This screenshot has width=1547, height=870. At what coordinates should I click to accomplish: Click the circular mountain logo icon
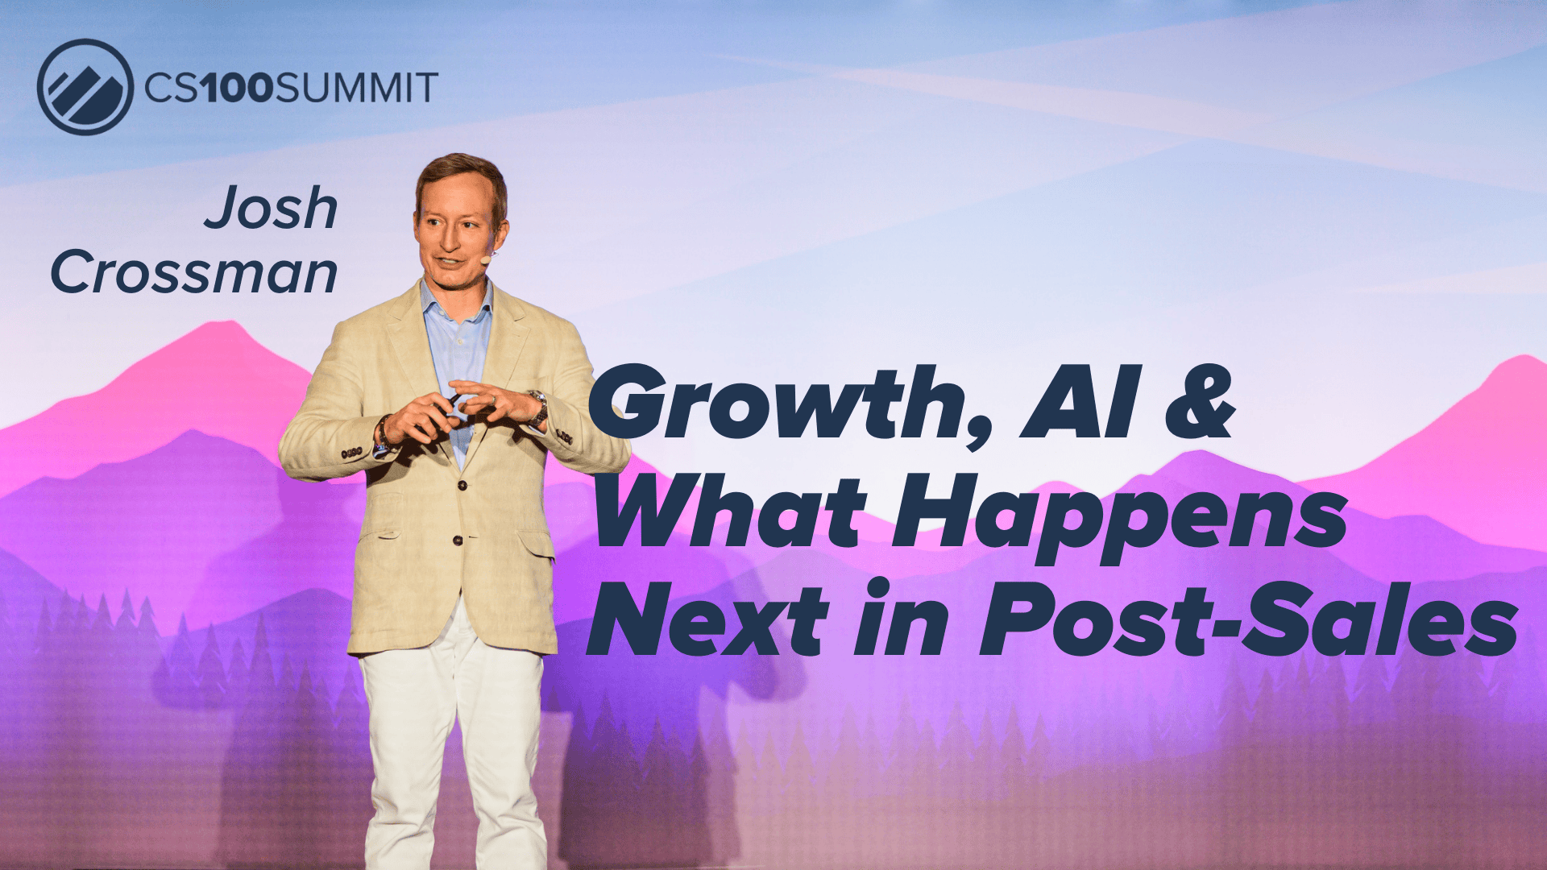85,87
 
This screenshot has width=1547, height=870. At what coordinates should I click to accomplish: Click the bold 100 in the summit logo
238,87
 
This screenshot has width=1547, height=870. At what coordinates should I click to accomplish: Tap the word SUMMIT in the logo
357,87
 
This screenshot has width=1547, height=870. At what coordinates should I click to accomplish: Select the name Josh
271,208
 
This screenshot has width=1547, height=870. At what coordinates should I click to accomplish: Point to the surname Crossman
194,272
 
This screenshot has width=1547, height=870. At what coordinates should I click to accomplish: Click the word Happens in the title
1120,516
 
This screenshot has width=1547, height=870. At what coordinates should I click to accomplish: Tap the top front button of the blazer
463,485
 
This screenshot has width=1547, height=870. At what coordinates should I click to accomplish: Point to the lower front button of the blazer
457,540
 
